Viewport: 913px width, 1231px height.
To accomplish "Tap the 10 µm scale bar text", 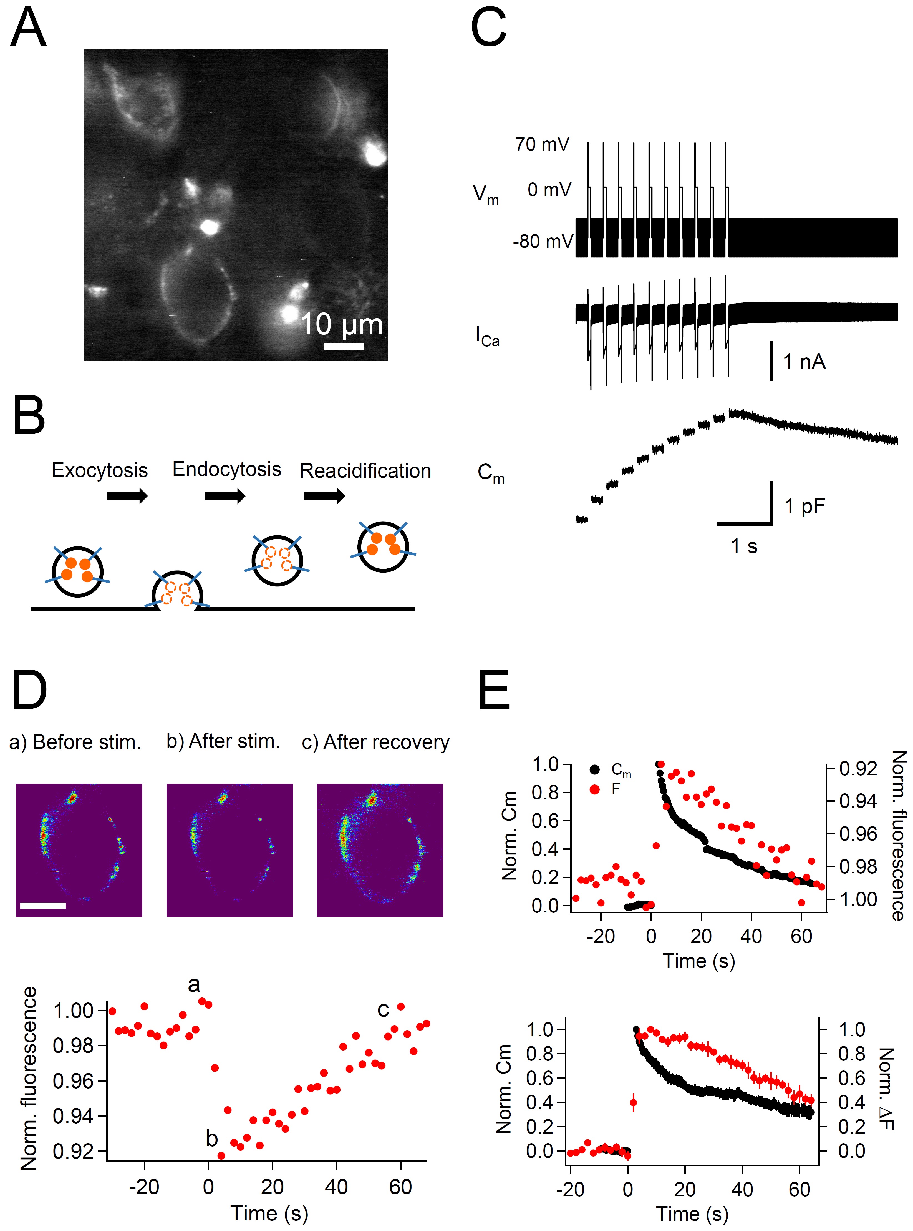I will point(341,325).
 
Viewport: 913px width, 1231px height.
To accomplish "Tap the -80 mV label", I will point(543,242).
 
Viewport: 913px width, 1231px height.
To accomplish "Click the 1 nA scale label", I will point(804,362).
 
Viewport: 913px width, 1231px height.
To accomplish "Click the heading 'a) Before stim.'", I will point(75,742).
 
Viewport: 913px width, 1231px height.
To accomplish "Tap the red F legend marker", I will point(595,789).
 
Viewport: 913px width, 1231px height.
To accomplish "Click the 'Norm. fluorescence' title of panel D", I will point(29,1078).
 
